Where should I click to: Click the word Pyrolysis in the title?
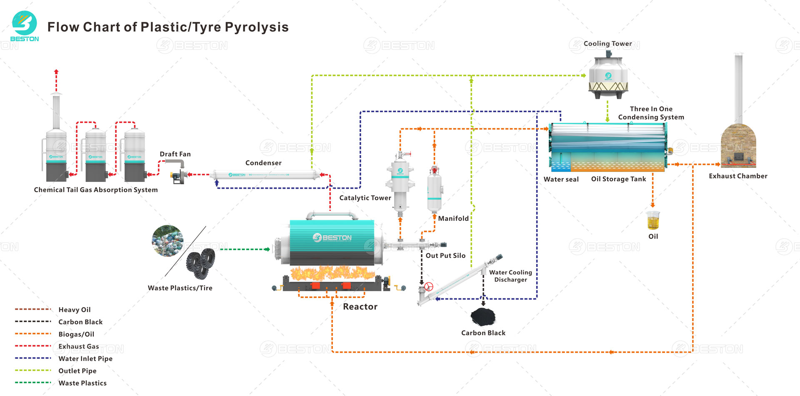coord(256,27)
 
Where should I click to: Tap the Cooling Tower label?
coord(607,43)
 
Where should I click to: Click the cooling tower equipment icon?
coord(608,77)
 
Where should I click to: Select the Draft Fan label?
coord(175,154)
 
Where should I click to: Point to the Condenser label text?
coord(263,163)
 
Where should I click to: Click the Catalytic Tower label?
coord(365,198)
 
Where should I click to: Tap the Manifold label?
coord(453,218)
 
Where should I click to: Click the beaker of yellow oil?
coord(653,220)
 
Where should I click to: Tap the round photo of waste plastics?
coord(167,241)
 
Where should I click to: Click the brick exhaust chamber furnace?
coord(738,146)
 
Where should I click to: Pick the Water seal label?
coord(561,179)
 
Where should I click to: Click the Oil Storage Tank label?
coord(618,179)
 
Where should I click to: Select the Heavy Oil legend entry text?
coord(75,310)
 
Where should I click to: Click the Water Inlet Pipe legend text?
coord(85,358)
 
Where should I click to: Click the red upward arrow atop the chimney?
coord(56,73)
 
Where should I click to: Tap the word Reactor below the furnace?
coord(360,307)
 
